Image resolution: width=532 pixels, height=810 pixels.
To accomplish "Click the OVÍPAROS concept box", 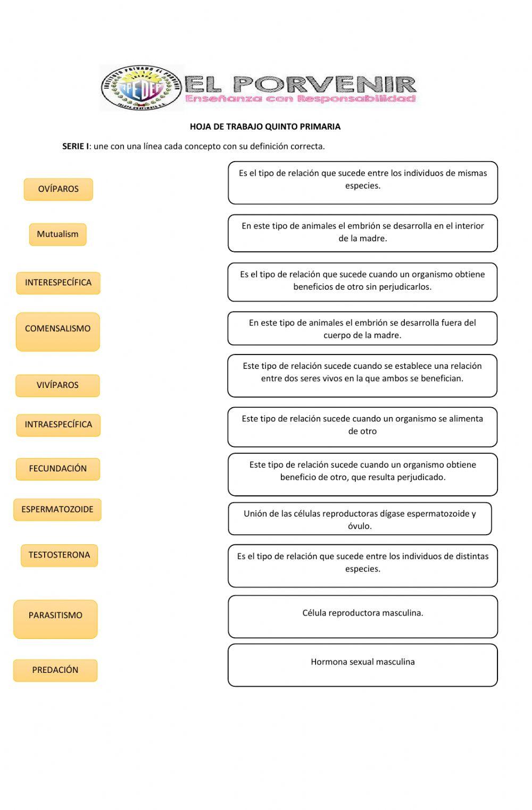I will [59, 189].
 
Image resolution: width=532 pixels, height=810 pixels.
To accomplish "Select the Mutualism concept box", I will [57, 234].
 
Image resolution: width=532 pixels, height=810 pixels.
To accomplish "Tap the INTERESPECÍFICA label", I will [58, 283].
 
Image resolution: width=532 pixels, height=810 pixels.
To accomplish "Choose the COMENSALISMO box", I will [58, 332].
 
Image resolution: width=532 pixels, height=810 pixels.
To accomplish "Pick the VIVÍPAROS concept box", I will [57, 385].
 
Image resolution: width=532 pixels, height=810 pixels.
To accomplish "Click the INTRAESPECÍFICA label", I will [58, 425].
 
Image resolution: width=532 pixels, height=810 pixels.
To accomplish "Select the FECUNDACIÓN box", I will [58, 469].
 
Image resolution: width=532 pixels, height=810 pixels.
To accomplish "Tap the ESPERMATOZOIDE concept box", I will [57, 510].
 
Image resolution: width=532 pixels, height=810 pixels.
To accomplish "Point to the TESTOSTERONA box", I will [59, 555].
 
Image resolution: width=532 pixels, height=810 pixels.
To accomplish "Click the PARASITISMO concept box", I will [55, 619].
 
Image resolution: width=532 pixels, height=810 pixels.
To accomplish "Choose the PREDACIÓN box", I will [55, 670].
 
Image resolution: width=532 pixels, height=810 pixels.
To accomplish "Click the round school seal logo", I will [141, 88].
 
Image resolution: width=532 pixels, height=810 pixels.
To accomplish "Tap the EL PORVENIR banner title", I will [301, 83].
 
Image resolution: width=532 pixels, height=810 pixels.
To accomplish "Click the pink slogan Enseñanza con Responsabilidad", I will [301, 99].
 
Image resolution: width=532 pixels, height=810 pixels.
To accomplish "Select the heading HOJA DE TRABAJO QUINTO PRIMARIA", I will [265, 126].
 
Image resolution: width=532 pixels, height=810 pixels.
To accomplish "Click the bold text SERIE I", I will [75, 146].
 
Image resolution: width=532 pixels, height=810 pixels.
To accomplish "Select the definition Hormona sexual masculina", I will [363, 665].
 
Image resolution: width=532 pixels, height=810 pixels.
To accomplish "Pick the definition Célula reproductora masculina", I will [363, 616].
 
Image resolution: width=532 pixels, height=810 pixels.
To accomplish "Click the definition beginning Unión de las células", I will [360, 519].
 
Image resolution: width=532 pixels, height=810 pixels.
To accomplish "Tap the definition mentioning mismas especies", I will [363, 182].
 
